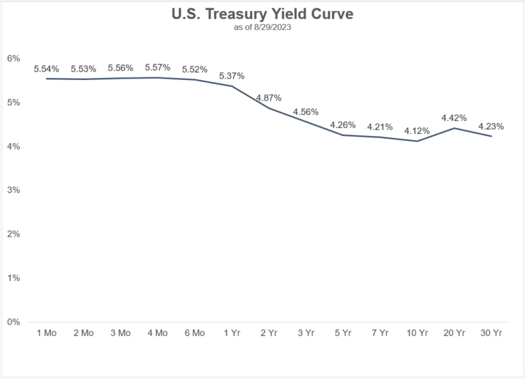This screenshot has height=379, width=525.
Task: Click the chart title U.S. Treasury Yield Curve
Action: point(262,14)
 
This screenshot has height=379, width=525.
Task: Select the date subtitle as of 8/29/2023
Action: point(262,27)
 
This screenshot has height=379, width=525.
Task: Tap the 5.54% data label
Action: point(46,69)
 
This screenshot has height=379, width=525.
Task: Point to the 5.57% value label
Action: point(157,68)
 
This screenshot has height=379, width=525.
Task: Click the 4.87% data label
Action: point(269,98)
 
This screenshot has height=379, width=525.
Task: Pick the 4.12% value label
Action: point(416,131)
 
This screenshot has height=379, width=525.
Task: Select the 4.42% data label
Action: point(453,118)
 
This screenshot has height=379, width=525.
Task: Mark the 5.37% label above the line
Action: point(231,75)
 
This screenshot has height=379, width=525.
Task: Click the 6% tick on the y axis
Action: point(12,58)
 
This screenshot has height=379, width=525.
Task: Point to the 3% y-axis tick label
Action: point(12,190)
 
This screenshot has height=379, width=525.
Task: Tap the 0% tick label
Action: point(12,322)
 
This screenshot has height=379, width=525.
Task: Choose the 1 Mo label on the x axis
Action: point(46,332)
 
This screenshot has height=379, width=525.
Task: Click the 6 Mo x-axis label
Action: point(194,332)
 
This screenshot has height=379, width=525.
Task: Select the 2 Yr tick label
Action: point(269,332)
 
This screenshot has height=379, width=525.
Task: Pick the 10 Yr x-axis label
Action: point(416,332)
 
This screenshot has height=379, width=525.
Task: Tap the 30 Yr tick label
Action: point(490,332)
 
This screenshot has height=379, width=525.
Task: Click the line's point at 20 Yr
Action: point(453,128)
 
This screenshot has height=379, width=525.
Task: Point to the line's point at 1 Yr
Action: point(231,86)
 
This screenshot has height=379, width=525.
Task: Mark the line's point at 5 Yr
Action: point(342,135)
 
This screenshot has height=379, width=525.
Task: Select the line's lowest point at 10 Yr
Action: point(416,141)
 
